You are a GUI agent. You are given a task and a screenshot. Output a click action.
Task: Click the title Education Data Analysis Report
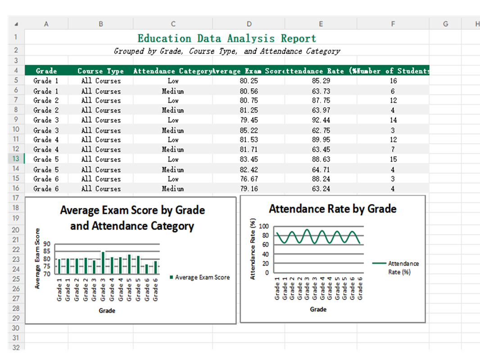click(x=226, y=38)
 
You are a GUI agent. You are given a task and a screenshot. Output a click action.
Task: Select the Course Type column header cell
click(x=100, y=71)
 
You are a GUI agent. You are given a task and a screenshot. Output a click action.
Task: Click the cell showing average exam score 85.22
click(x=249, y=130)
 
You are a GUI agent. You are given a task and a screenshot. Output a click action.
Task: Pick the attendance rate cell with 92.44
click(x=321, y=120)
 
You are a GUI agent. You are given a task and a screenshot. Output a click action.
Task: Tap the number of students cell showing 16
click(x=393, y=81)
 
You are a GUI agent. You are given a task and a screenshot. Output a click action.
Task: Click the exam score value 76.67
click(x=249, y=179)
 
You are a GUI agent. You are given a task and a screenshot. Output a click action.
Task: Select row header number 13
click(x=15, y=159)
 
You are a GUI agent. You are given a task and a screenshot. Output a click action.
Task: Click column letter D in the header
click(x=249, y=24)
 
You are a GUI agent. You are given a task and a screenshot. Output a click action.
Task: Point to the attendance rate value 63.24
click(x=321, y=189)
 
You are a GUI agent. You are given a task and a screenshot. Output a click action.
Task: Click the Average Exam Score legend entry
click(x=201, y=277)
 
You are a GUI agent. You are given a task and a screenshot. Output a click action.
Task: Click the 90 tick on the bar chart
click(x=47, y=244)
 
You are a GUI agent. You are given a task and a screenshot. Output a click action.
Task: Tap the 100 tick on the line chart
click(x=263, y=226)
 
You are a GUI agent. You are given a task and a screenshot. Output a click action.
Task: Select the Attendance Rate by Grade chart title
click(x=332, y=209)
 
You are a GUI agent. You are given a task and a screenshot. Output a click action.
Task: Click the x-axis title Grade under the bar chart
click(x=107, y=310)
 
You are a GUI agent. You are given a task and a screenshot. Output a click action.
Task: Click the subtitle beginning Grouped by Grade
click(x=226, y=51)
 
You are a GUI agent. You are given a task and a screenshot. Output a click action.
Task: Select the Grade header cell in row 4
click(x=46, y=71)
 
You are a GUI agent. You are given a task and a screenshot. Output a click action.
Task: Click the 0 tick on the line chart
click(x=266, y=272)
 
